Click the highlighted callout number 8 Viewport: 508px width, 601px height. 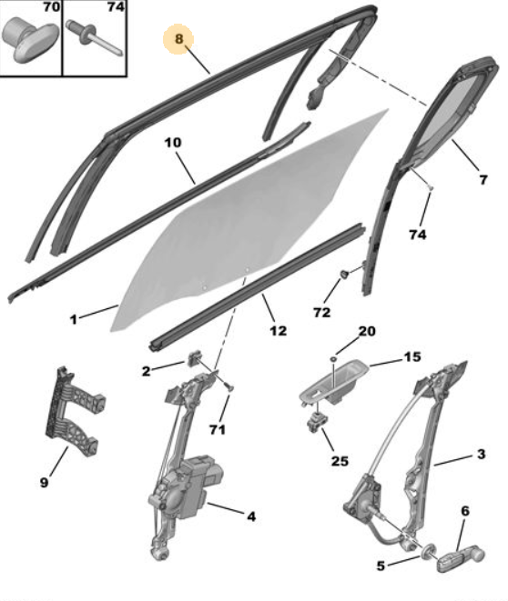[178, 39]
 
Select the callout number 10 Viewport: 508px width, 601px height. [173, 142]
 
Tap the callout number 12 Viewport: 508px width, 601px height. [279, 330]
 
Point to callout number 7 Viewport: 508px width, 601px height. [483, 180]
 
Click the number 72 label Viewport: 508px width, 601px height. [322, 313]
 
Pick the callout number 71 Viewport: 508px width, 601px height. [218, 429]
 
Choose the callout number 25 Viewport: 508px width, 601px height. [340, 461]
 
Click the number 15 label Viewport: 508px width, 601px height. [412, 356]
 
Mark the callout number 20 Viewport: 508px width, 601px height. [366, 331]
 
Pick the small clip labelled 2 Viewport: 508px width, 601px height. [195, 359]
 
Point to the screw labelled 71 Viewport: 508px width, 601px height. [227, 385]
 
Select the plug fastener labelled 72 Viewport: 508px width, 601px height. [345, 275]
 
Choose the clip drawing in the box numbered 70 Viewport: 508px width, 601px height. [31, 38]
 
